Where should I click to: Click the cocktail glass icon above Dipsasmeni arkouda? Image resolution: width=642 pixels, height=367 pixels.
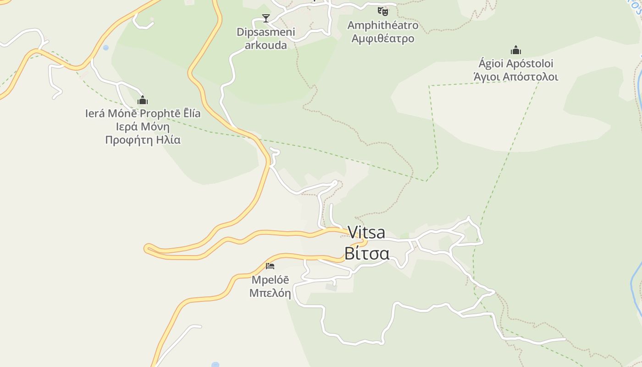[266, 18]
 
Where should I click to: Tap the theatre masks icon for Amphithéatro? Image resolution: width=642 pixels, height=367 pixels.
[383, 11]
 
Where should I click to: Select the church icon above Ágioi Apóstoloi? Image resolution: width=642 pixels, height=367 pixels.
[516, 50]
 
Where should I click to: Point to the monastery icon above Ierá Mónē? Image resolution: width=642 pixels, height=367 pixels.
[143, 100]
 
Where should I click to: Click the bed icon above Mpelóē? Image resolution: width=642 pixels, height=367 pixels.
[270, 266]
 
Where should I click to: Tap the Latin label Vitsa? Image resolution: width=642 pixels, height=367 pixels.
[366, 232]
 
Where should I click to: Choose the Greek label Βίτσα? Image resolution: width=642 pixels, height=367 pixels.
[366, 253]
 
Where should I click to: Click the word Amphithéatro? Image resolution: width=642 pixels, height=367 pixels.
[383, 25]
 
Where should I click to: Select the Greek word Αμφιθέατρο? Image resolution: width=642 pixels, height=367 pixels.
[383, 38]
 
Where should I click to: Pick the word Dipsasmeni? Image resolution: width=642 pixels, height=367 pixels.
[266, 32]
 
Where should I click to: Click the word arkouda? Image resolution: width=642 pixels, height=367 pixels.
[266, 45]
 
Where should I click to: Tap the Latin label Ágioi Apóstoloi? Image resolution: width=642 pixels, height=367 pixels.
[516, 63]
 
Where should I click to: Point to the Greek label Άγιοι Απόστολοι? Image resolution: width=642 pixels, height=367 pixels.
[516, 77]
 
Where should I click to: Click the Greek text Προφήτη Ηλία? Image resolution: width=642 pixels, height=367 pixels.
[143, 140]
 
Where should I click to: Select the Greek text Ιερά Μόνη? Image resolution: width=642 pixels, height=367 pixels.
[143, 127]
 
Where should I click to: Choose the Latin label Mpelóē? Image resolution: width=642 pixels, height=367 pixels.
[270, 279]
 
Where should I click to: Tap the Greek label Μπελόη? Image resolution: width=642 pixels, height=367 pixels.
[270, 293]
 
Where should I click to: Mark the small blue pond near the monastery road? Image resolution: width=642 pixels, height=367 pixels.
[106, 48]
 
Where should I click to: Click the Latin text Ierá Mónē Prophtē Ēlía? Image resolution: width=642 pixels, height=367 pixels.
[143, 113]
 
